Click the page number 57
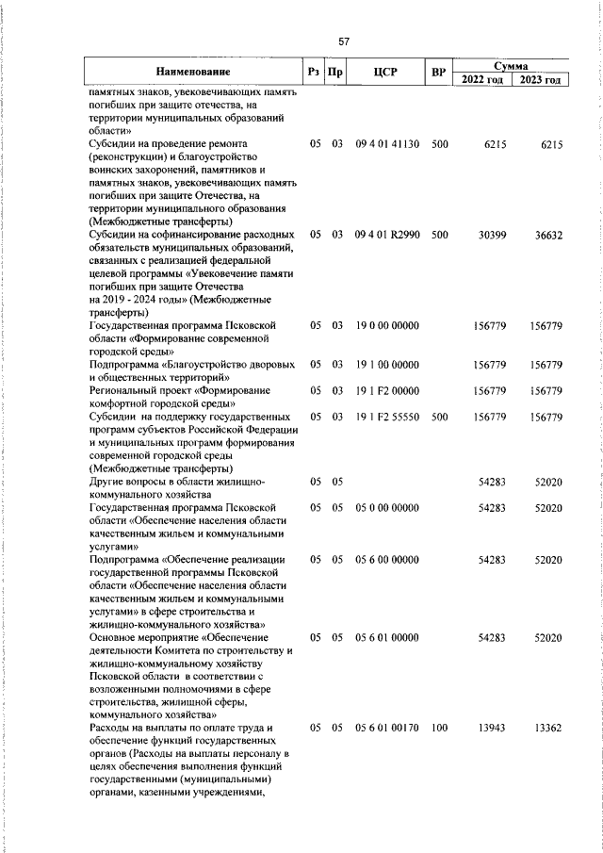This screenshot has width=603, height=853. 344,41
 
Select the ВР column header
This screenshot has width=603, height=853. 438,72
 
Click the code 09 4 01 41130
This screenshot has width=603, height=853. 388,145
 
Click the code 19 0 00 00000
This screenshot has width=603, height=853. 387,325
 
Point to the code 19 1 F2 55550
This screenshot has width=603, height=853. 388,416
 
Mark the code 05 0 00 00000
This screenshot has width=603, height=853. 387,507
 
